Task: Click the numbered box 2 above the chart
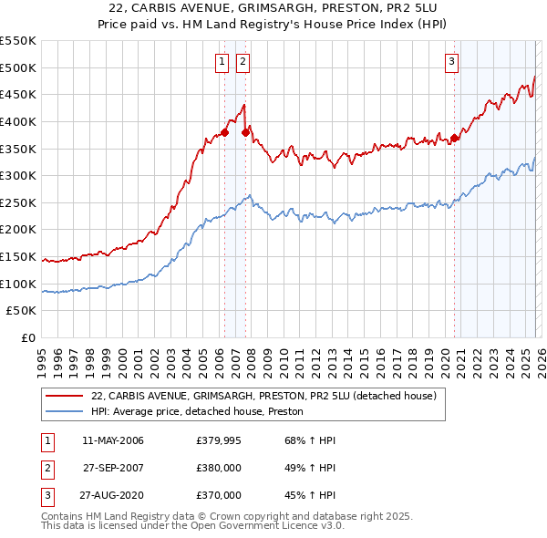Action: tap(243, 62)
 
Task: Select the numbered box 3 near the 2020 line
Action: tap(452, 62)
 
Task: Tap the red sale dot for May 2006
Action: tap(224, 132)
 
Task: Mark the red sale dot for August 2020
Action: tap(454, 138)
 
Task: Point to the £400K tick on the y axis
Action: tap(19, 121)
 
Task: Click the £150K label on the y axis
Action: tap(19, 257)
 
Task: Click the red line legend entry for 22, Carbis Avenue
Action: tap(264, 397)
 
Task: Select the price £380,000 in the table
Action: tap(219, 469)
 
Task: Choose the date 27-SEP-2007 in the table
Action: tap(113, 469)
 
